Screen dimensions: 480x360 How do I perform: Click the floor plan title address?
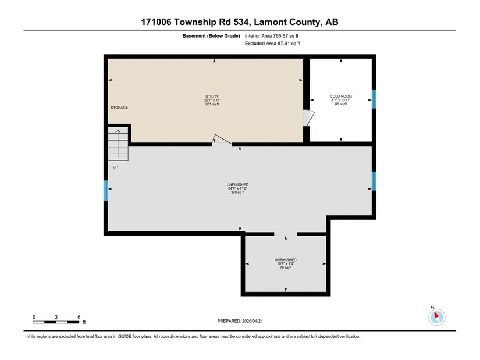(240, 22)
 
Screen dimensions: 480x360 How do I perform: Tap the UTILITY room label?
(212, 97)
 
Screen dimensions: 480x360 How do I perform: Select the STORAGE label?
(119, 108)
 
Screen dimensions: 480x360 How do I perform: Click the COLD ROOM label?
(341, 97)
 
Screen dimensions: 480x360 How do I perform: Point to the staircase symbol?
(118, 144)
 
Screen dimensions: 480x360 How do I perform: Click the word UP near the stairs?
(115, 167)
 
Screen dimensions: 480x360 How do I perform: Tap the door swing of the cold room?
(308, 118)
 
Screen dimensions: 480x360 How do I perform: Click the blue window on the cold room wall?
(374, 99)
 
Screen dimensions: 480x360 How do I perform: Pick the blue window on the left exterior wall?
(106, 191)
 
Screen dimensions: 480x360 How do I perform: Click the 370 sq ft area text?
(237, 193)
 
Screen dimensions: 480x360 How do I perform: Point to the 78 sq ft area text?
(286, 268)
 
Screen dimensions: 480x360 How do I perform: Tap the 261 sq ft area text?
(212, 104)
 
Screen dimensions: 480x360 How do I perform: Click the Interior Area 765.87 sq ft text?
(272, 36)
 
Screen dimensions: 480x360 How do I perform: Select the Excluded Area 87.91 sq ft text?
(272, 44)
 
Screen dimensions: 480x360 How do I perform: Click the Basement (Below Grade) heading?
(211, 36)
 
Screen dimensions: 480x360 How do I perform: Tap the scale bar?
(56, 322)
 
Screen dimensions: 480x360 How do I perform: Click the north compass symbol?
(437, 317)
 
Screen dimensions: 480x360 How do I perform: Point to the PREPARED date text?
(240, 321)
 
